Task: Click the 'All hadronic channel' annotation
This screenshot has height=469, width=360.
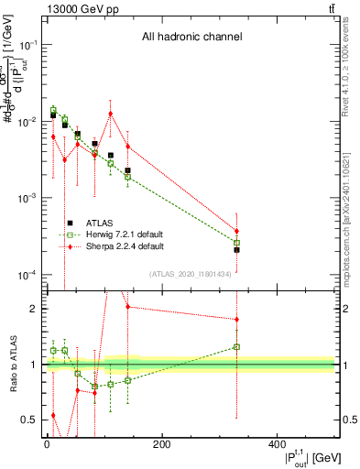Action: (x=191, y=38)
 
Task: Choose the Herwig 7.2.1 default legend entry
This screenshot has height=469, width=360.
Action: (x=125, y=234)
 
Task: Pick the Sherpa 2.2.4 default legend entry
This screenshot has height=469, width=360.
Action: (x=124, y=246)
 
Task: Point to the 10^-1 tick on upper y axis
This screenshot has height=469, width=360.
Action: (x=27, y=44)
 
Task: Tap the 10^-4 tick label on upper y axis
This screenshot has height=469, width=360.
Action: (x=27, y=276)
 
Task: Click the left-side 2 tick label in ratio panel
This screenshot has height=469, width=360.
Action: (x=33, y=309)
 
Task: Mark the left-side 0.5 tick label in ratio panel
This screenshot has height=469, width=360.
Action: (x=29, y=420)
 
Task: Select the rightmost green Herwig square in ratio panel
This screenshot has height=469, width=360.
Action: (x=236, y=347)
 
